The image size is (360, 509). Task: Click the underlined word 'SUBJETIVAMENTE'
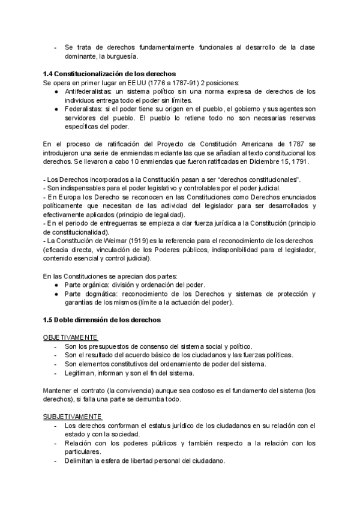click(73, 416)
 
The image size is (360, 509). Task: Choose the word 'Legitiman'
click(80, 373)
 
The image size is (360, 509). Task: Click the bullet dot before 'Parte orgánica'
click(55, 285)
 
